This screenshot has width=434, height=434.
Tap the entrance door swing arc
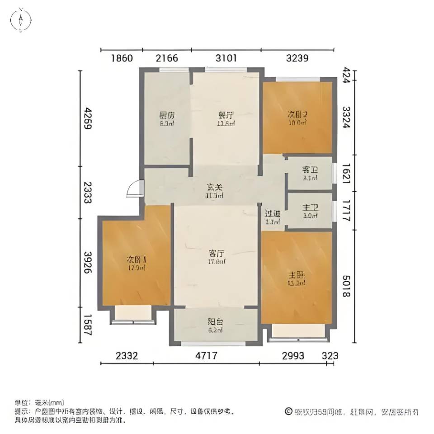tap(133, 189)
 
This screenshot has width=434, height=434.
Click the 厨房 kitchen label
tap(166, 115)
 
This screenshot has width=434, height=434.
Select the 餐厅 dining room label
tap(225, 115)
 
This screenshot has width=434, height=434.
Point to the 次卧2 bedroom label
tap(297, 115)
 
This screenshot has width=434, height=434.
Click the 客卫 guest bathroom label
tap(310, 170)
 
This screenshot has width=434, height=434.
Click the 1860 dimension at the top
tap(121, 58)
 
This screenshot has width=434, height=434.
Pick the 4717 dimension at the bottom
tap(206, 356)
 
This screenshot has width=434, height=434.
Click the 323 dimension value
tap(330, 356)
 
